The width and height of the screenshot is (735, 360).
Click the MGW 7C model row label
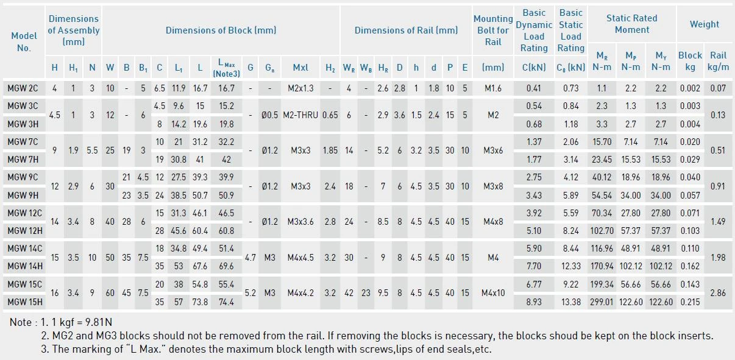coord(23,142)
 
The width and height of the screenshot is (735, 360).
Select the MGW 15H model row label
coord(25,302)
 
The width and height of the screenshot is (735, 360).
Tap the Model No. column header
coord(24,41)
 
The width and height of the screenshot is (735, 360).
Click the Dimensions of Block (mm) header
coord(221,30)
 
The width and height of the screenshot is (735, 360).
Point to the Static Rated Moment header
coord(631,24)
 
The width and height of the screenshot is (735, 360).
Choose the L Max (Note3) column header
coord(226,68)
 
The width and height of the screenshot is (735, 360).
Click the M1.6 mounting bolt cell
coord(493,88)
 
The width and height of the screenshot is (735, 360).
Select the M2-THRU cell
coord(300,115)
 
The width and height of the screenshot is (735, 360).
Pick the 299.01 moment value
coord(602,302)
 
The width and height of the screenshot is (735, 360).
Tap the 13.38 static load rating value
coord(570,302)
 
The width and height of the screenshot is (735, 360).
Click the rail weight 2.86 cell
coord(717,292)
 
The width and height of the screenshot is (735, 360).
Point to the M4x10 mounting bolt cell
coord(493,292)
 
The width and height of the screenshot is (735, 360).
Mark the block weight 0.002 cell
coord(690,88)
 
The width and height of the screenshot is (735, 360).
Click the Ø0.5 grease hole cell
coord(270,115)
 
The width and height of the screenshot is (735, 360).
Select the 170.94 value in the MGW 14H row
coord(602,266)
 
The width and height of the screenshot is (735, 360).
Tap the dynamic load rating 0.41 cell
coord(533,88)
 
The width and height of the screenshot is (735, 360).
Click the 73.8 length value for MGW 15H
coord(200,302)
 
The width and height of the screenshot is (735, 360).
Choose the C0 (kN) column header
coord(570,68)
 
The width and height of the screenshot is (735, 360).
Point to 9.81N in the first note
coord(99,322)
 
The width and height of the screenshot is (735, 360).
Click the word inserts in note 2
coord(693,336)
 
